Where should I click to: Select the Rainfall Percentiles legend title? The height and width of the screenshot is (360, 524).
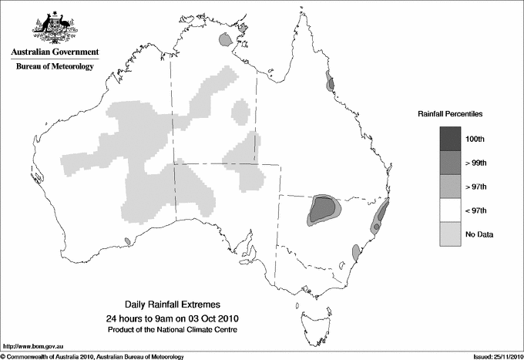tap(450, 113)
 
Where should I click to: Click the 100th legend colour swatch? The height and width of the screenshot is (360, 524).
tap(451, 139)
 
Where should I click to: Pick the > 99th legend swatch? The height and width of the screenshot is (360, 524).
tap(451, 163)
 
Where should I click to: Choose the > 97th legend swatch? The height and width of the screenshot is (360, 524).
tap(451, 187)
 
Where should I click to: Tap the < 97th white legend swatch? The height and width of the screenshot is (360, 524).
tap(451, 210)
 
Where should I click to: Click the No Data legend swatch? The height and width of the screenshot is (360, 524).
tap(451, 234)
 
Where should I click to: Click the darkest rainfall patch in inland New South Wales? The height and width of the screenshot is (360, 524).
tap(321, 207)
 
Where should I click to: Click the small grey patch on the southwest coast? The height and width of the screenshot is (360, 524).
tap(127, 241)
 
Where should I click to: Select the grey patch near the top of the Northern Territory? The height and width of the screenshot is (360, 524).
tap(225, 39)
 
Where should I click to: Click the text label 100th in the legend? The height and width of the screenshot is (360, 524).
tap(475, 139)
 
